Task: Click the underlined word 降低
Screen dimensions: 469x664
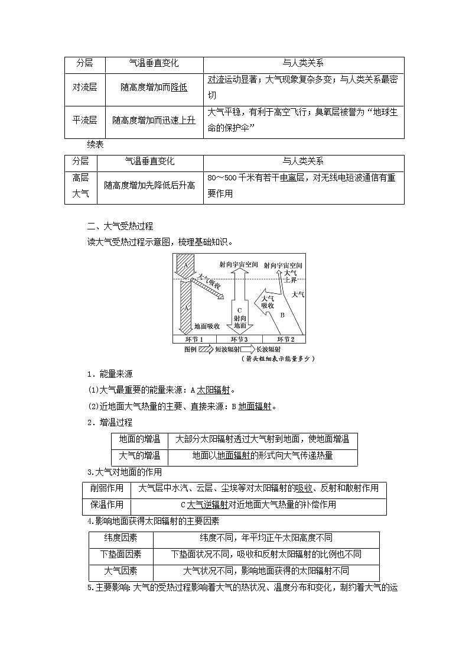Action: pos(179,87)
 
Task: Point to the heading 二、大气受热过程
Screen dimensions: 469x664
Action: pos(120,225)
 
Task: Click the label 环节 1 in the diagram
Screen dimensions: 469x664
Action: pos(193,339)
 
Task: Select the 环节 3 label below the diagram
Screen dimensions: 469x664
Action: pos(239,339)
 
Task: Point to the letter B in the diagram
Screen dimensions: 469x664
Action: pos(282,315)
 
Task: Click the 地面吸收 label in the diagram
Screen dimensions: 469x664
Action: pos(207,326)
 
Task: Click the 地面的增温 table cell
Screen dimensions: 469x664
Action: pos(139,439)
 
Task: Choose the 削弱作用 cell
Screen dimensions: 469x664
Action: pos(106,488)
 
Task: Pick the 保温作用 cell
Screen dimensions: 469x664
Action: pos(106,504)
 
